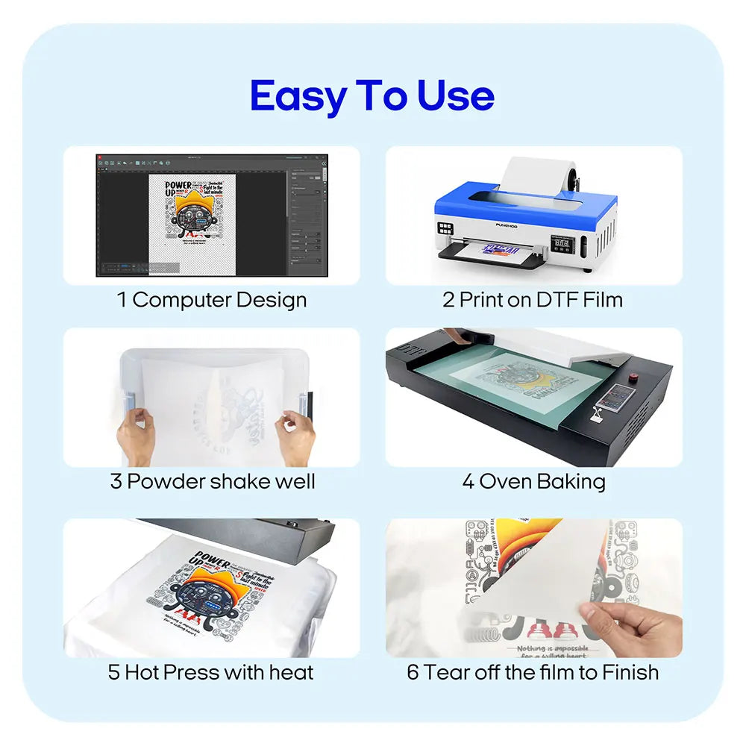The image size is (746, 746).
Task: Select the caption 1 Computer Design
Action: [212, 300]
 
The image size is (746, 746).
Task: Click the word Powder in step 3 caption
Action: [166, 481]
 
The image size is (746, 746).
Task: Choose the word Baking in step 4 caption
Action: [570, 481]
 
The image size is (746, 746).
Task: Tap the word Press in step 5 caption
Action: [192, 672]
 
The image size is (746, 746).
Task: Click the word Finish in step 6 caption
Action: [624, 672]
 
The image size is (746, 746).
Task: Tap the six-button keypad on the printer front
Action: [446, 230]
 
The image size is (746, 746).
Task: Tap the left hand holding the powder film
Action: [137, 436]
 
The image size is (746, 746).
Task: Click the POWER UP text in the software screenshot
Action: [178, 188]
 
